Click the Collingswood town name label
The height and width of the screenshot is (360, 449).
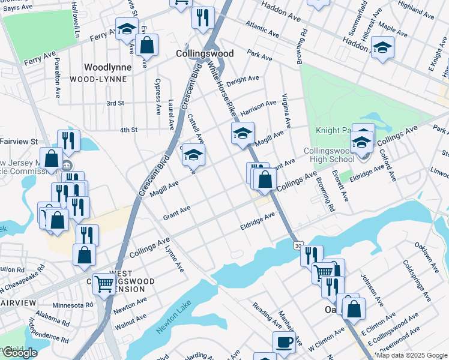click(x=205, y=53)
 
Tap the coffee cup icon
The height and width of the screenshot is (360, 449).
click(x=284, y=342)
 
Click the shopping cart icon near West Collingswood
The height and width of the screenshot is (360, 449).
click(x=104, y=283)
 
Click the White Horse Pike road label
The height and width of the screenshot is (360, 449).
click(x=220, y=90)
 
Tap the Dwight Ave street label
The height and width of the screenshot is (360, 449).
click(x=242, y=79)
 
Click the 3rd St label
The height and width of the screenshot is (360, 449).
click(x=115, y=103)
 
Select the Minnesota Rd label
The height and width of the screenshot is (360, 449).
click(x=73, y=305)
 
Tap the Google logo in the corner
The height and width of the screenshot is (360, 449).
click(x=19, y=353)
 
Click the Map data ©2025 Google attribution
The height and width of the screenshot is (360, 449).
click(x=412, y=355)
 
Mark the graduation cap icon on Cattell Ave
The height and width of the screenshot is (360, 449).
click(x=193, y=154)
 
